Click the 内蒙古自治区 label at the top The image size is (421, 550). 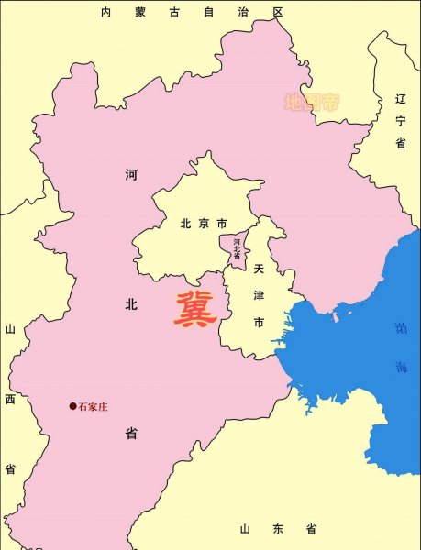[193, 12]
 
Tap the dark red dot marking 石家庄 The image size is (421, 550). [72, 406]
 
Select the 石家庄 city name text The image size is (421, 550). [94, 406]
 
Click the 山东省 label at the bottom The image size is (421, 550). [278, 529]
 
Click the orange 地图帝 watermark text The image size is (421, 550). [310, 102]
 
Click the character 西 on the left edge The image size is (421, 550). [10, 399]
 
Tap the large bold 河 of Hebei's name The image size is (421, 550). [131, 174]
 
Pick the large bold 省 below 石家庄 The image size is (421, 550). [131, 434]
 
